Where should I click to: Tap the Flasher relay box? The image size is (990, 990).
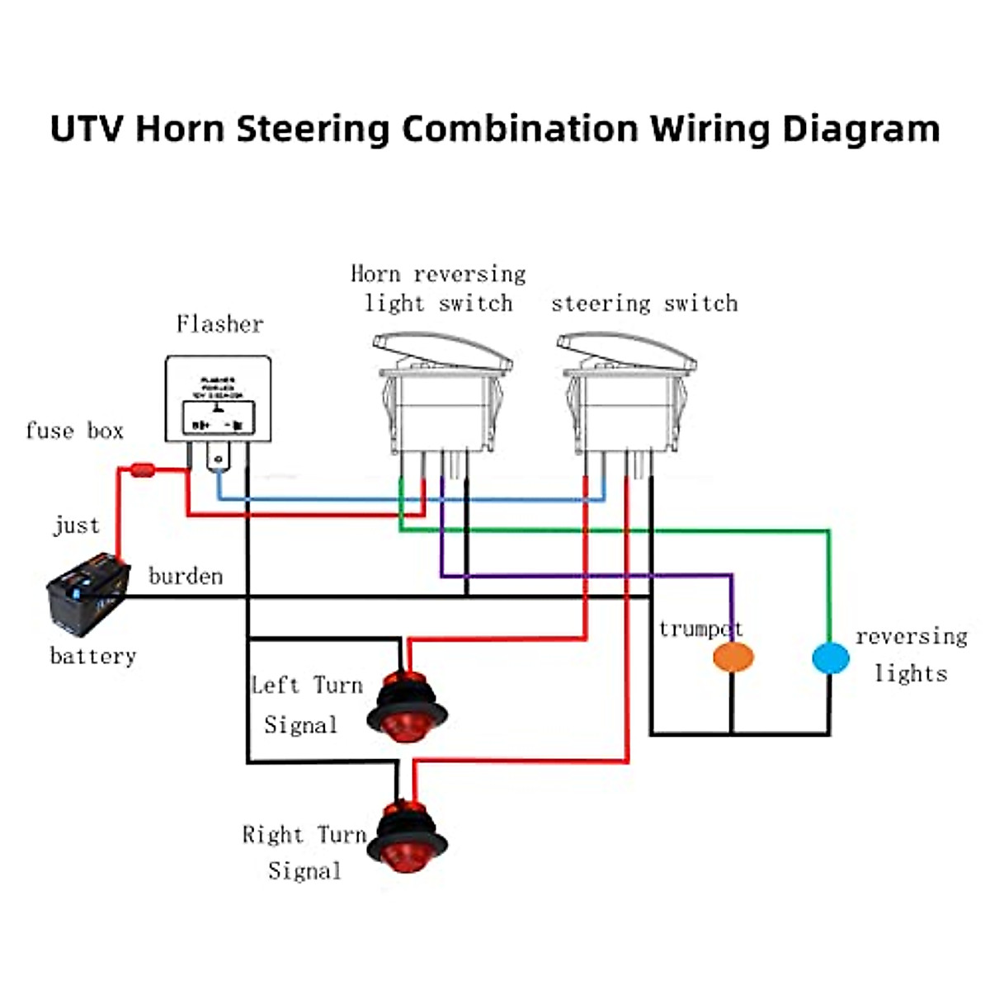coord(219,400)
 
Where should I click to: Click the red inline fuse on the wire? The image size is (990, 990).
coord(143,471)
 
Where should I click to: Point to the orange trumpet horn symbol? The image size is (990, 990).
coord(733,658)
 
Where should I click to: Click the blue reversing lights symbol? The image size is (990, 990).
coord(830,658)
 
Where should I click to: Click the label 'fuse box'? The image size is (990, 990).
coord(74,431)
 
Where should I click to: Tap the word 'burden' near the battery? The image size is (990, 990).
coord(186,576)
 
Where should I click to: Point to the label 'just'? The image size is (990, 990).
coord(77,526)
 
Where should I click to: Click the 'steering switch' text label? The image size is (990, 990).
coord(644,304)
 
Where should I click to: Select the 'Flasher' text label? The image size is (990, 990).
coord(219,323)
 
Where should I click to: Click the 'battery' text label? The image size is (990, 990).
coord(92,656)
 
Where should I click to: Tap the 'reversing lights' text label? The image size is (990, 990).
coord(911,654)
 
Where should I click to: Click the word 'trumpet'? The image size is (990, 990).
coord(700,629)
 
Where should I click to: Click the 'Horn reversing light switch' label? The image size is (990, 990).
coord(438,289)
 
